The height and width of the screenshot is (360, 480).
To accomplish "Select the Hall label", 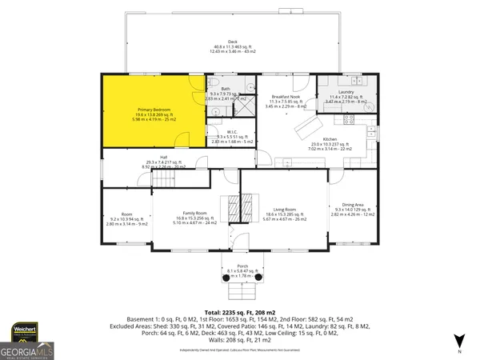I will (163, 160).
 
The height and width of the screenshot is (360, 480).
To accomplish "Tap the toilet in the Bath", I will (214, 83).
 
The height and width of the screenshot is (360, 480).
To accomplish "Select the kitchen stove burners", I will (349, 121).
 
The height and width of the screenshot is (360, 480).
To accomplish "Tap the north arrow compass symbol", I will (458, 342).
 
